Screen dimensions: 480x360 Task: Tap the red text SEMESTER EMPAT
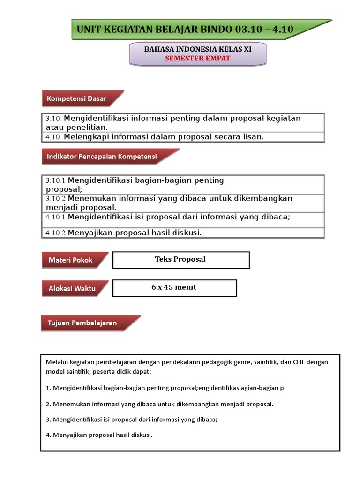click(197, 58)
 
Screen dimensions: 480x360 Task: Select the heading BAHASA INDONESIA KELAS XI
click(197, 49)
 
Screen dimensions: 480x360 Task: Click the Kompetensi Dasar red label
click(76, 99)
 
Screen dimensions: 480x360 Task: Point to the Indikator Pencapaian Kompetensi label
click(102, 157)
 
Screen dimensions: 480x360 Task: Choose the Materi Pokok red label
click(71, 260)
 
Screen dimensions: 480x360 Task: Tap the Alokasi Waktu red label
click(72, 288)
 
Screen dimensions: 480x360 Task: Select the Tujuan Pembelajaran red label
click(82, 323)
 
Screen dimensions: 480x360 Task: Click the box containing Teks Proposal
click(181, 260)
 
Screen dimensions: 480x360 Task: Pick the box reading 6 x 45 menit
click(174, 288)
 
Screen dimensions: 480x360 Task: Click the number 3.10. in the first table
click(53, 119)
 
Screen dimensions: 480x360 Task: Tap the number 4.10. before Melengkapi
click(53, 137)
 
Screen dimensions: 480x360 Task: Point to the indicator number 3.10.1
click(56, 180)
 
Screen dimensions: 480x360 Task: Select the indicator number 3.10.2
click(56, 199)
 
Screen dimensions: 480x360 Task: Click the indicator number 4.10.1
click(56, 217)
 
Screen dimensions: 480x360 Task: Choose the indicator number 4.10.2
click(56, 233)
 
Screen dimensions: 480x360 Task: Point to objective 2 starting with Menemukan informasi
click(159, 404)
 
